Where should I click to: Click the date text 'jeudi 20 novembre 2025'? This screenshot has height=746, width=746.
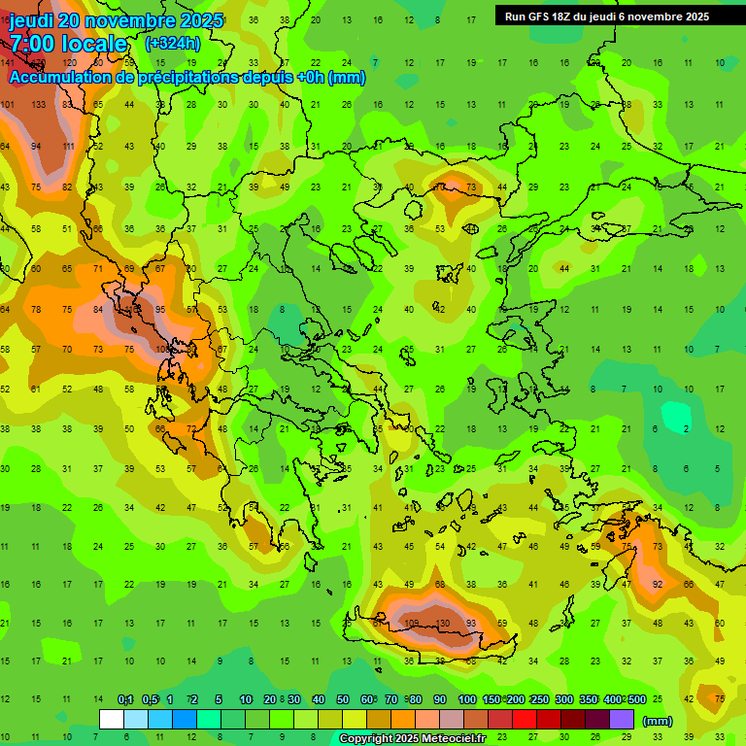tap(116, 20)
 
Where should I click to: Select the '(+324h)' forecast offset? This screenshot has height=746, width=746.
tap(173, 44)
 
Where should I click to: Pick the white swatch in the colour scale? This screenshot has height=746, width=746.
tap(112, 720)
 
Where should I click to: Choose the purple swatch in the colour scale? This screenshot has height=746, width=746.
tap(622, 720)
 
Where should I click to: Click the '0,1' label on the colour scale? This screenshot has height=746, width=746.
tap(125, 699)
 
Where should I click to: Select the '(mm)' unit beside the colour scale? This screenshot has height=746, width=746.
tap(658, 721)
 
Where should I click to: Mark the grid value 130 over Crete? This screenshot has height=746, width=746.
tap(442, 623)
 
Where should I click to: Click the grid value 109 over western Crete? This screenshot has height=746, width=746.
tap(411, 623)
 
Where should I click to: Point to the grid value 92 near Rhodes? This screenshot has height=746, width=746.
tap(658, 584)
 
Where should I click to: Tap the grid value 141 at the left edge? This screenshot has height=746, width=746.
tap(7, 63)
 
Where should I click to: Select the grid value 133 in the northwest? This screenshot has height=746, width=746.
tap(38, 104)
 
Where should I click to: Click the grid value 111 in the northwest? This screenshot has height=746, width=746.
tap(68, 146)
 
